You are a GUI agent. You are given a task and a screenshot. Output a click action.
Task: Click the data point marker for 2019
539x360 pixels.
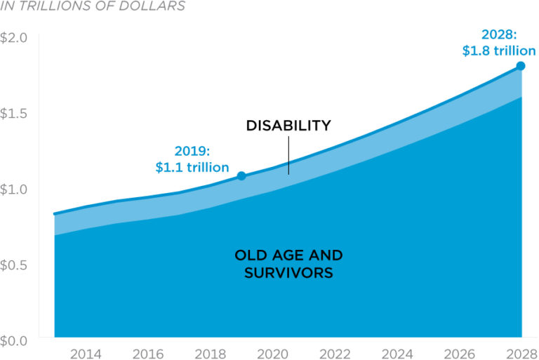coord(241,175)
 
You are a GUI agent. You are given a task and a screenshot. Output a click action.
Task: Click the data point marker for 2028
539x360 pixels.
coord(521,66)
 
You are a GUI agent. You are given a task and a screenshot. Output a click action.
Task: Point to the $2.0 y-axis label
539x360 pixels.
coord(13,37)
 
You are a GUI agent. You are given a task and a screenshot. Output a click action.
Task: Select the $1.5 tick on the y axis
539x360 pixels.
coord(13,114)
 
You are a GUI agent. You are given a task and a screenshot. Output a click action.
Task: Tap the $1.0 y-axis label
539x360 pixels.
coord(13,189)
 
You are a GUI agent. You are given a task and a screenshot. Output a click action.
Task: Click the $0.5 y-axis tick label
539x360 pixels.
coord(13,265)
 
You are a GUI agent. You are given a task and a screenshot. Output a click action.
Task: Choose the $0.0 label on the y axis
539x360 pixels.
coord(13,340)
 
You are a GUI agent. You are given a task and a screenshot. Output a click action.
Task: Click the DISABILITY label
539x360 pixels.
coord(288,126)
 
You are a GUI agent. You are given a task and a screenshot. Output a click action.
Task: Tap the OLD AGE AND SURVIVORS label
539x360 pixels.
coord(288,263)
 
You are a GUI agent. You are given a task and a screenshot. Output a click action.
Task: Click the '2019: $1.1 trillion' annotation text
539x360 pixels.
coord(192,159)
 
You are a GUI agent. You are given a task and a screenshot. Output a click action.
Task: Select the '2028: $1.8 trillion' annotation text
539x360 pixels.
coord(498,43)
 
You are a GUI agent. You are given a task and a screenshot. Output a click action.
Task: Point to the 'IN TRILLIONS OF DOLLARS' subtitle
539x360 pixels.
coord(93,6)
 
